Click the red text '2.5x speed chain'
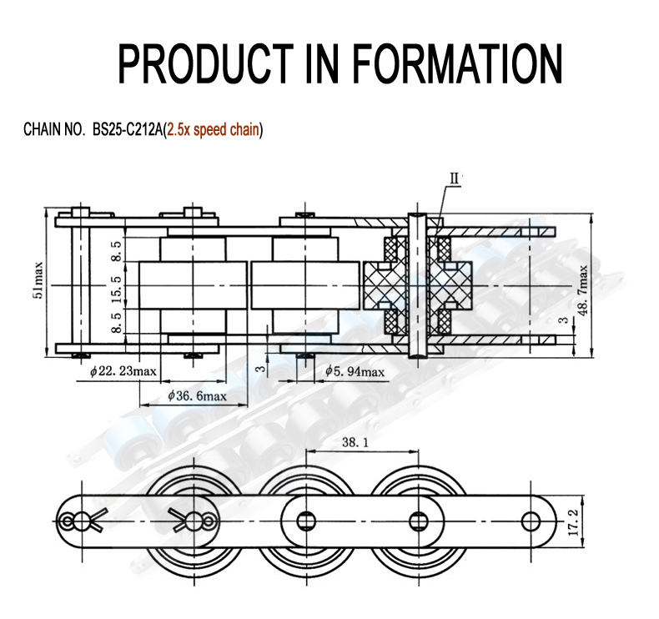click(x=213, y=130)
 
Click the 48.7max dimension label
click(x=584, y=289)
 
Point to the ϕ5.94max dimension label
click(x=355, y=371)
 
